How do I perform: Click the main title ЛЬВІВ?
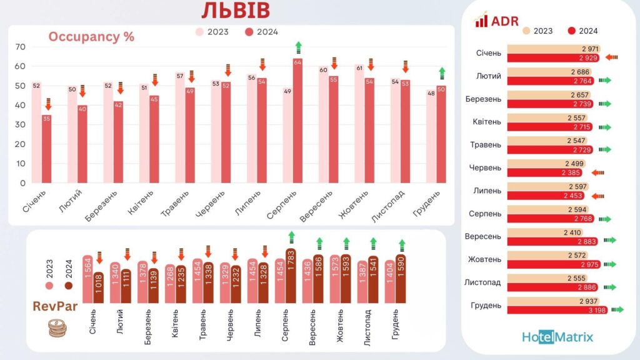pyautogui.click(x=236, y=11)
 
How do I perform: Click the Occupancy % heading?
pyautogui.click(x=91, y=36)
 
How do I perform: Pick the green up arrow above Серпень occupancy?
pyautogui.click(x=298, y=47)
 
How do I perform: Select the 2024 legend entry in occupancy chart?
pyautogui.click(x=261, y=32)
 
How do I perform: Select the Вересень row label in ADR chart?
pyautogui.click(x=482, y=236)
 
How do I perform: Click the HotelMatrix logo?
pyautogui.click(x=557, y=337)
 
